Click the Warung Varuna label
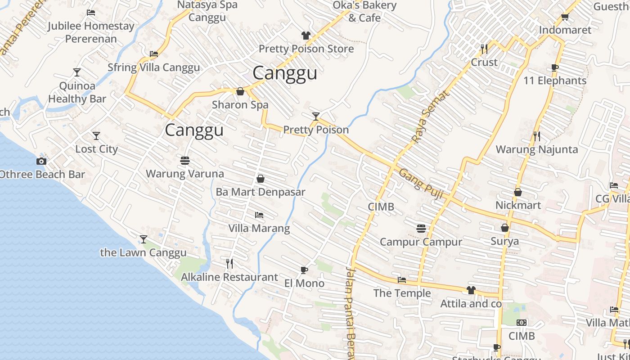click(x=184, y=174)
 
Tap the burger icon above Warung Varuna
click(x=184, y=160)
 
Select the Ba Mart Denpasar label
click(x=261, y=192)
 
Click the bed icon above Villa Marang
click(x=259, y=215)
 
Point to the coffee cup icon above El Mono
click(x=304, y=270)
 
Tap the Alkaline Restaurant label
click(x=229, y=277)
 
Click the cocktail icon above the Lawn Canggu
click(x=144, y=239)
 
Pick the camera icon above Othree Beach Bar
click(x=41, y=161)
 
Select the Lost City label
click(x=96, y=149)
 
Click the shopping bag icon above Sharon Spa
click(x=240, y=92)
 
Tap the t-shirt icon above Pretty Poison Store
click(x=306, y=36)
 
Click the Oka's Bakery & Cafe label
click(x=364, y=12)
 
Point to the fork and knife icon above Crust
click(x=484, y=49)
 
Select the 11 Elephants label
click(x=555, y=81)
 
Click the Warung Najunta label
click(x=536, y=149)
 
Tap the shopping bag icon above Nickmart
click(x=518, y=192)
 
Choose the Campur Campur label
click(x=421, y=242)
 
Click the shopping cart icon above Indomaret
click(x=565, y=17)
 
